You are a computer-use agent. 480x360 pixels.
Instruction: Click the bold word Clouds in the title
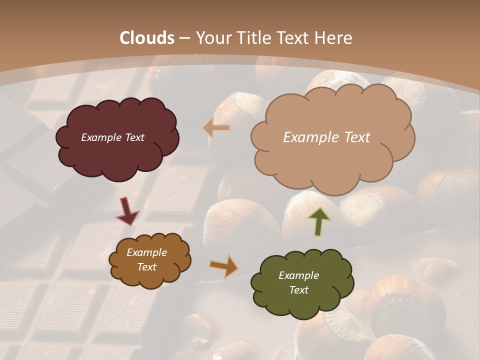[147, 37]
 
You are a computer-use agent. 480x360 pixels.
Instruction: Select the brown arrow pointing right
[223, 266]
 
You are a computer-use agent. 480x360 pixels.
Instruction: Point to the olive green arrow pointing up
[318, 221]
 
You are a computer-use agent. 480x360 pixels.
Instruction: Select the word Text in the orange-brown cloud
[146, 267]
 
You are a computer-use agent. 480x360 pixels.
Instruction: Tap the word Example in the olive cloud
[298, 275]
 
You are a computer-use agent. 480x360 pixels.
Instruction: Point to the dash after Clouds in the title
[184, 38]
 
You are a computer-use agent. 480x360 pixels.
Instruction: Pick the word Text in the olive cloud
[298, 290]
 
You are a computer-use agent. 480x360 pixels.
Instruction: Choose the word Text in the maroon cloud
[133, 137]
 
